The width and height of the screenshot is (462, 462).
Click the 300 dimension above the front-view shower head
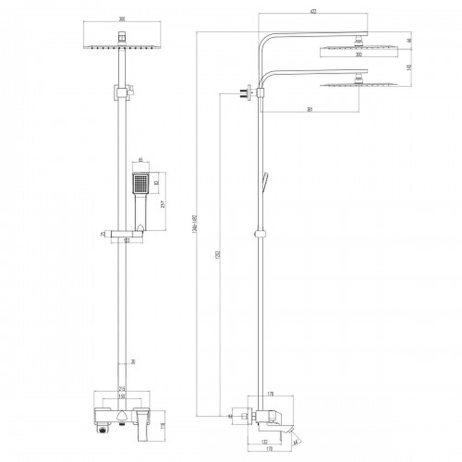122,19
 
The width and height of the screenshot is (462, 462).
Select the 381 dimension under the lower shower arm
310,109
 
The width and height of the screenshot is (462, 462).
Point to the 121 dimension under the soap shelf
127,240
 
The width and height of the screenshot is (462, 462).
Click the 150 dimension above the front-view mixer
122,397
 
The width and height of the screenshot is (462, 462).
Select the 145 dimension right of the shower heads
409,67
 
